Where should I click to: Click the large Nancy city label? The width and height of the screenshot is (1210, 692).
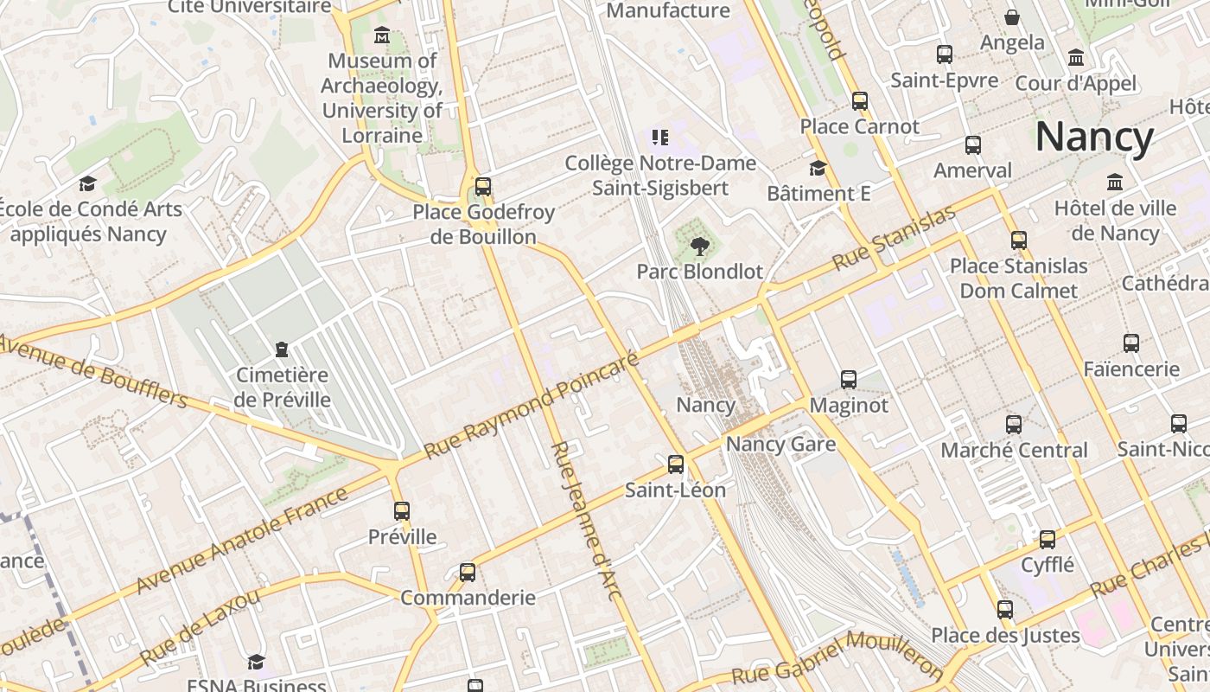[x=1094, y=138]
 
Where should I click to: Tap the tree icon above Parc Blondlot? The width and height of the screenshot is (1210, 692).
[x=699, y=247]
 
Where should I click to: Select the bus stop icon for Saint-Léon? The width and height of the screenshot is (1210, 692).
[x=676, y=465]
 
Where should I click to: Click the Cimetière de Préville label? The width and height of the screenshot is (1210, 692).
[x=283, y=388]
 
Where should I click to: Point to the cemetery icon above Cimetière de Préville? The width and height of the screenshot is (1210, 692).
[x=281, y=349]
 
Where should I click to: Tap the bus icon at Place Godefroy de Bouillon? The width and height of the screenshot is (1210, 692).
[x=483, y=187]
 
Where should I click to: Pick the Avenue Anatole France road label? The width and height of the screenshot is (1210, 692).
[x=241, y=541]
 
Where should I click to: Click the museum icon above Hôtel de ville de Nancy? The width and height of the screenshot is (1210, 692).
[x=1115, y=183]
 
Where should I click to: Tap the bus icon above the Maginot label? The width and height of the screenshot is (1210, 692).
[x=849, y=379]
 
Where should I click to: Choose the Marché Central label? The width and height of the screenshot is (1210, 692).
[x=1014, y=450]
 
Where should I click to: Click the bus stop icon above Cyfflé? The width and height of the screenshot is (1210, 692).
[x=1048, y=540]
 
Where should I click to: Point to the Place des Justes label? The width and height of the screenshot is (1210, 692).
[x=1005, y=636]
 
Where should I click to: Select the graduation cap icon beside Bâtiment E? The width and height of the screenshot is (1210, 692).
[x=818, y=168]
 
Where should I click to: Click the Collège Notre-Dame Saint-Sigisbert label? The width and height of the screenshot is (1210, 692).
[x=660, y=176]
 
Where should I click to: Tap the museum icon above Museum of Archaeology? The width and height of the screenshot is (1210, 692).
[x=382, y=36]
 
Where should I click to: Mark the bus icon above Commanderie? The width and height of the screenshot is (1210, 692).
[x=468, y=572]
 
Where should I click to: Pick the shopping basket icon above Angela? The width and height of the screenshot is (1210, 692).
[x=1012, y=17]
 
